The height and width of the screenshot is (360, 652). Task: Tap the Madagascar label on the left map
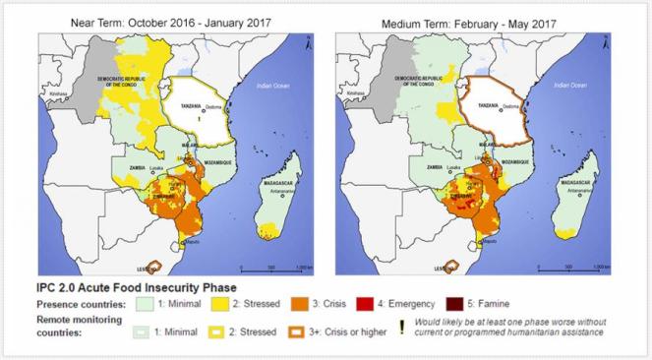[263, 179]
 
